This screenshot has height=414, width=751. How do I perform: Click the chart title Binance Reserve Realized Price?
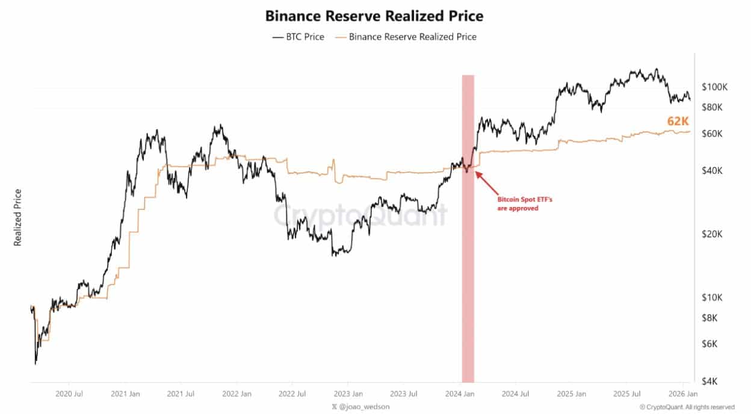point(374,16)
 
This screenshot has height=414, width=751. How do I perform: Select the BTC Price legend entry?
point(298,37)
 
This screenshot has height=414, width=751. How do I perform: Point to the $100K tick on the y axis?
point(714,87)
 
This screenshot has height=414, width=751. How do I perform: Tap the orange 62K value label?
point(678,122)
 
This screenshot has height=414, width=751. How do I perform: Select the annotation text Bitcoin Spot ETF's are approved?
point(517,204)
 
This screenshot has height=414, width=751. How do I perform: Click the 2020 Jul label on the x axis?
point(69,395)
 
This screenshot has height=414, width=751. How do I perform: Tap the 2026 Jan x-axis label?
point(683,395)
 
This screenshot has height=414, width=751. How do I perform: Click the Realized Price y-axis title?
point(18,217)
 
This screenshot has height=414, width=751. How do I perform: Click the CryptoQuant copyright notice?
point(687,407)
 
